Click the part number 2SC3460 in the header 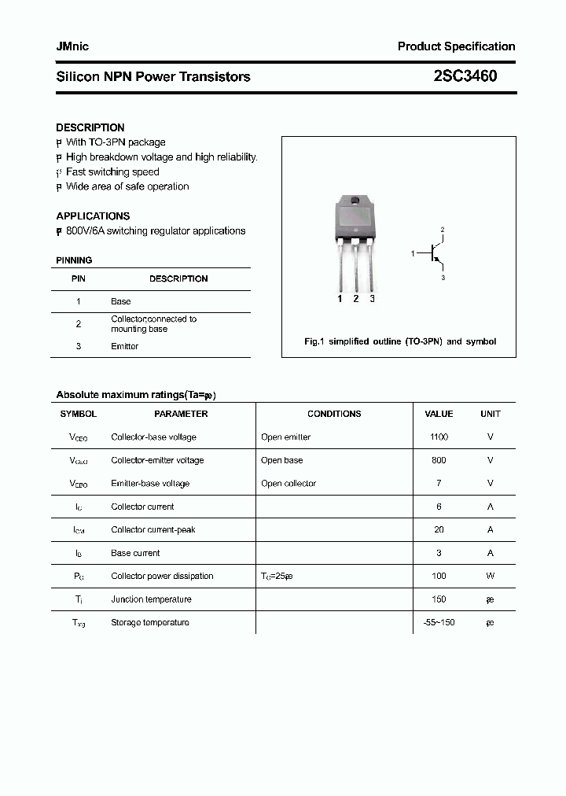click(x=465, y=76)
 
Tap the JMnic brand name click(x=72, y=46)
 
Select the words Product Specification click(x=456, y=46)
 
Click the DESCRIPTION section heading click(x=90, y=127)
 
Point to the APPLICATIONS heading click(x=93, y=216)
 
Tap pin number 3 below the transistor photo click(x=372, y=299)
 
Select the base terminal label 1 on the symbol click(x=413, y=253)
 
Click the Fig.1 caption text click(x=399, y=341)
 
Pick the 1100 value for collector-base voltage click(x=439, y=437)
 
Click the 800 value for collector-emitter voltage click(x=439, y=460)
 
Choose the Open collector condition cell click(x=289, y=483)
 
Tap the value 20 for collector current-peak click(x=439, y=529)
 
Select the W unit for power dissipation click(x=490, y=576)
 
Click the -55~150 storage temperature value click(x=439, y=622)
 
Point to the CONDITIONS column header click(x=334, y=414)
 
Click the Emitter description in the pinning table click(x=124, y=346)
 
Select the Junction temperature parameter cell click(x=151, y=599)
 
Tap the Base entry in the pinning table click(x=121, y=301)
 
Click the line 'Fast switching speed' click(x=112, y=171)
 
